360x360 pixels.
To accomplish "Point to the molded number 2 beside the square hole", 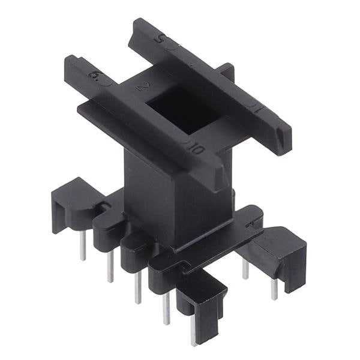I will tap(142, 85).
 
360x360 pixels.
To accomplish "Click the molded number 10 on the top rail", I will tap(195, 147).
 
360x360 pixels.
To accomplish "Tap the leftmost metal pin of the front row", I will tap(83, 246).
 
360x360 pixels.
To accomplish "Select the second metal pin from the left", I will tap(110, 266).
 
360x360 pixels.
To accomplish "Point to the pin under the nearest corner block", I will tap(193, 330).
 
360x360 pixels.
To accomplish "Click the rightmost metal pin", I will tap(274, 289).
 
